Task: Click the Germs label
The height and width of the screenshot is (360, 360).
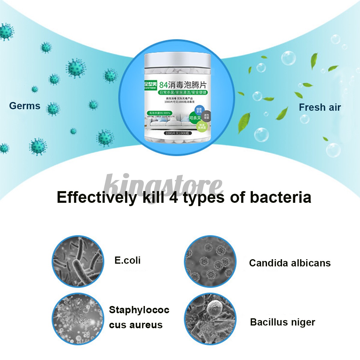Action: click(x=25, y=106)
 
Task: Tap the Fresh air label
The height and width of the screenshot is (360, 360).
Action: click(x=320, y=107)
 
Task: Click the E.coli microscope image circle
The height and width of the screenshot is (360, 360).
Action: click(x=78, y=261)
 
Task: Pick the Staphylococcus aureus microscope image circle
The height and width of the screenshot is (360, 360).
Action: click(x=78, y=319)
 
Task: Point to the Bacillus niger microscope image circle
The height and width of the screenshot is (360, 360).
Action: click(x=210, y=319)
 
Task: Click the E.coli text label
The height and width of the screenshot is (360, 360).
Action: click(x=127, y=260)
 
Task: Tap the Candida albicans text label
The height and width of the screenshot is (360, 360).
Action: click(x=290, y=263)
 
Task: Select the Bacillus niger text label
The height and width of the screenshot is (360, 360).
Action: click(x=283, y=322)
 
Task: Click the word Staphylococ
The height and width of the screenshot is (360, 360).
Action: click(x=139, y=310)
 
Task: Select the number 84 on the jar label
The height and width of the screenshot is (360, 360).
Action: click(x=163, y=85)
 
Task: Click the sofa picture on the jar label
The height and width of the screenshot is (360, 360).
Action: click(x=167, y=122)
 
